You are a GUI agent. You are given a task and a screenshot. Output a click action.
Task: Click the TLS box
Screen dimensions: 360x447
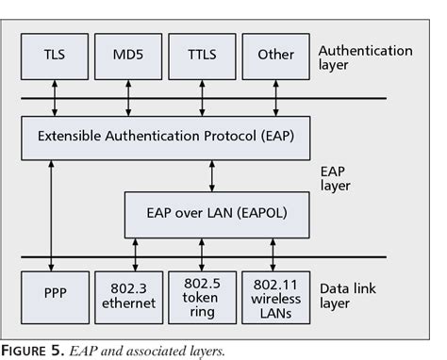click(x=54, y=55)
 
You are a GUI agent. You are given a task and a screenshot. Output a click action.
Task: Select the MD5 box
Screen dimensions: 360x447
click(x=127, y=55)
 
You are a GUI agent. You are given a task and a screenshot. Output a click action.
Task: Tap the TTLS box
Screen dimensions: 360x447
click(x=201, y=55)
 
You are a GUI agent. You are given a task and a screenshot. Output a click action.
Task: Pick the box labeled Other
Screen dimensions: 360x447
click(x=274, y=55)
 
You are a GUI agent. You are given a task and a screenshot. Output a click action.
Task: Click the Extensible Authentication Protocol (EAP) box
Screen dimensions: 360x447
click(x=165, y=137)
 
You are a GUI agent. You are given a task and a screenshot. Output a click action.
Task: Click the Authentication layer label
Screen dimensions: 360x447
click(x=364, y=57)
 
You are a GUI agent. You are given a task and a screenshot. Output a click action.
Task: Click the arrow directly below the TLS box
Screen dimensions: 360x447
click(x=54, y=96)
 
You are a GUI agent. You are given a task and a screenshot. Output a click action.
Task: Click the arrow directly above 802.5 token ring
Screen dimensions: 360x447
click(x=201, y=254)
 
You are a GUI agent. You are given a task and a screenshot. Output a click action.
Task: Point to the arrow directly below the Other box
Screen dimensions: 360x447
click(x=274, y=96)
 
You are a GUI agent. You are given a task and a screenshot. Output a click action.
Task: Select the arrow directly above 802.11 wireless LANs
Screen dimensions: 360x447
click(x=273, y=254)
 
